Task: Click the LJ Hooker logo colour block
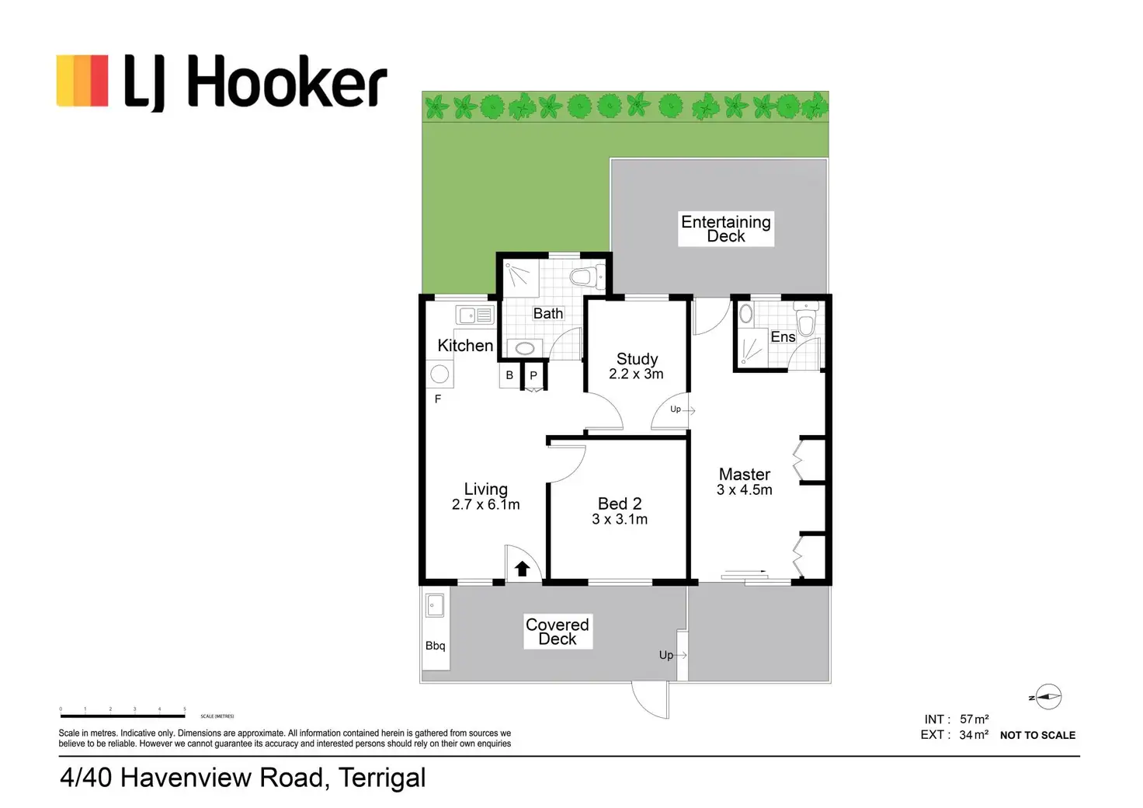(x=82, y=80)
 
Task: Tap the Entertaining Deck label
(x=726, y=228)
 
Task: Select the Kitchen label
(x=465, y=346)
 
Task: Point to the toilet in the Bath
(x=587, y=277)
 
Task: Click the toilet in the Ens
(x=807, y=321)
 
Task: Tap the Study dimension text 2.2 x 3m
(x=636, y=374)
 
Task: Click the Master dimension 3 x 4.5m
(x=744, y=490)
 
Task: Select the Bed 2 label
(x=620, y=503)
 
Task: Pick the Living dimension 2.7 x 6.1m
(x=485, y=505)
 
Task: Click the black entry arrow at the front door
(x=523, y=569)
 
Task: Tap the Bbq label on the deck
(x=436, y=646)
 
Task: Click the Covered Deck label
(x=558, y=632)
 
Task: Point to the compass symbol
(x=1047, y=697)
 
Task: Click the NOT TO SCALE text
(x=1037, y=735)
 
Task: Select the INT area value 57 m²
(x=974, y=719)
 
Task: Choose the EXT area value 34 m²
(x=974, y=735)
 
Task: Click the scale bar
(x=123, y=716)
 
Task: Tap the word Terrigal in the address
(x=382, y=778)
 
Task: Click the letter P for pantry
(x=533, y=375)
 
